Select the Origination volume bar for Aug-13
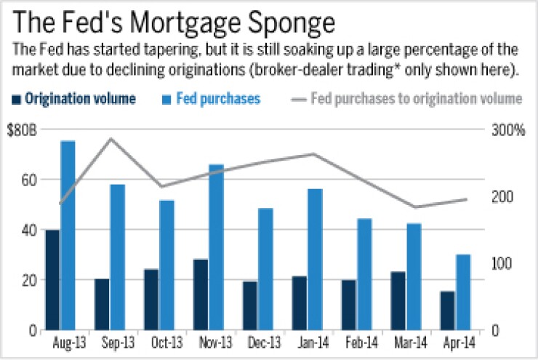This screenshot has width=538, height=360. click(52, 280)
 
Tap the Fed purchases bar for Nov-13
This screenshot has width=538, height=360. click(216, 247)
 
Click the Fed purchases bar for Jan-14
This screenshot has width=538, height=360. click(315, 259)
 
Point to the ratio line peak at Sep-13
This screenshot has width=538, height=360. click(110, 138)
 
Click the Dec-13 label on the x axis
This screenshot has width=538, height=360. click(265, 342)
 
